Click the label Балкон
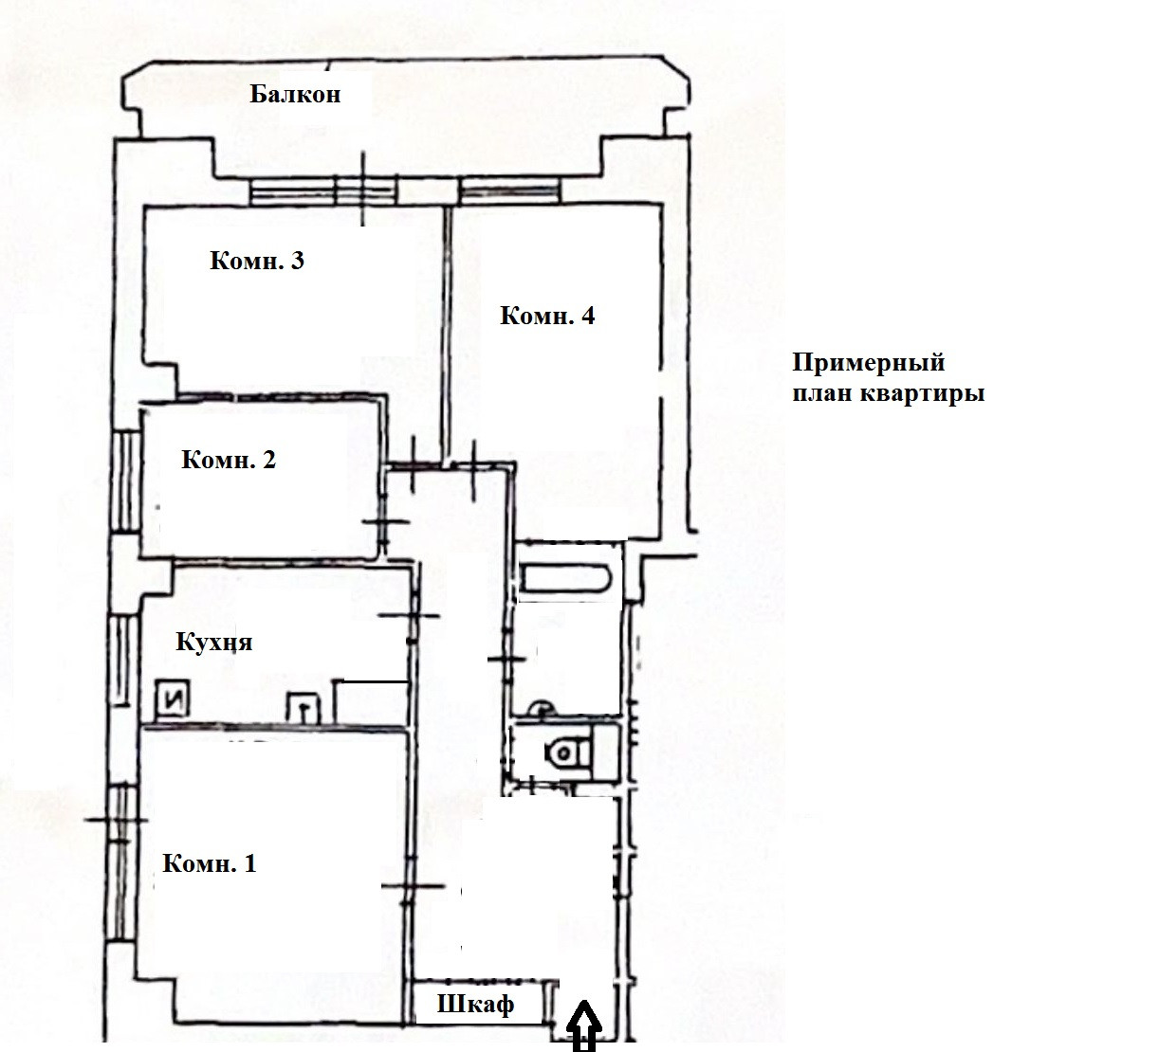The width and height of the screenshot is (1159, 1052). (x=295, y=95)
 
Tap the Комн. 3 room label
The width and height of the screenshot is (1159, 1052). (x=256, y=262)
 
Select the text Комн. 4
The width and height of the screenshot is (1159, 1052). (x=547, y=317)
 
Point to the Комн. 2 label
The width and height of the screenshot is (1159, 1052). (x=228, y=462)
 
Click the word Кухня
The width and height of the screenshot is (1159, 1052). (x=214, y=643)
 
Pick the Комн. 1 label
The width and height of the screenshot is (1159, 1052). (x=209, y=864)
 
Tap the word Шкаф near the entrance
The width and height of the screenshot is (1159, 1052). (x=475, y=1005)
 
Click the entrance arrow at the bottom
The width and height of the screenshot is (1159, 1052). (x=585, y=1029)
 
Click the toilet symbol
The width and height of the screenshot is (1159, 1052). (x=568, y=752)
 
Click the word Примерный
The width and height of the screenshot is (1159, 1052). (x=869, y=363)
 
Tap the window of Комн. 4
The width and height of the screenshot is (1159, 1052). (x=509, y=193)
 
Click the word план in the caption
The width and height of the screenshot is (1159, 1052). (x=823, y=393)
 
